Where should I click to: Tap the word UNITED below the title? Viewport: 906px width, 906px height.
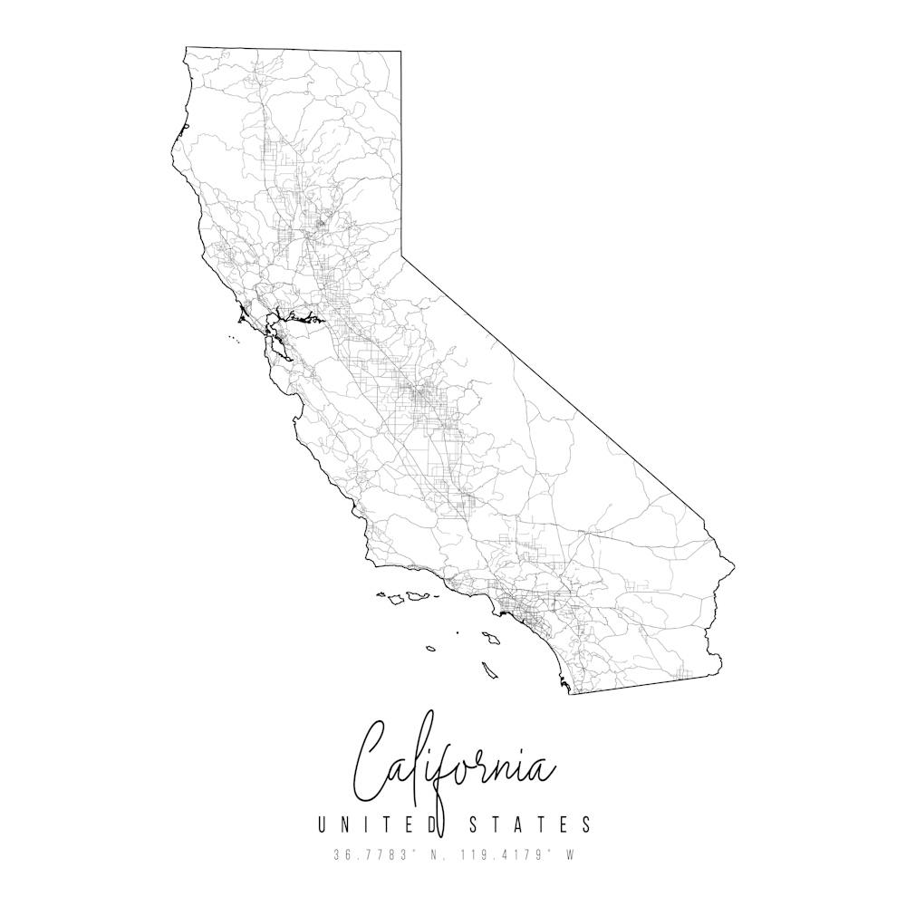pos(377,824)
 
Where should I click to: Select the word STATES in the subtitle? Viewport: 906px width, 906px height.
pos(530,824)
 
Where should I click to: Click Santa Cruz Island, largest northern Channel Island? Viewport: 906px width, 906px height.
pos(417,596)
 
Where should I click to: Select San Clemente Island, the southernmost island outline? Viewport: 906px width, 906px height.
pos(490,670)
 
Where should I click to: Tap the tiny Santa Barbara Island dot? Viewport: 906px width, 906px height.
pos(458,632)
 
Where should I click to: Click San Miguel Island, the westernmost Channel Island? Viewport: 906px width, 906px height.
pos(382,595)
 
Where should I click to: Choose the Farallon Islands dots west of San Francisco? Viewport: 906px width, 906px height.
pos(233,341)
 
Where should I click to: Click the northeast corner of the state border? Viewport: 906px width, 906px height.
pos(401,52)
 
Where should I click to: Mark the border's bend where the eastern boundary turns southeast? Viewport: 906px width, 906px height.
pos(402,257)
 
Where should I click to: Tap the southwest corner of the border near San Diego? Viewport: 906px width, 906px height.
pos(569,693)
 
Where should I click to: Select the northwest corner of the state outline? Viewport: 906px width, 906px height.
pos(186,48)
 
